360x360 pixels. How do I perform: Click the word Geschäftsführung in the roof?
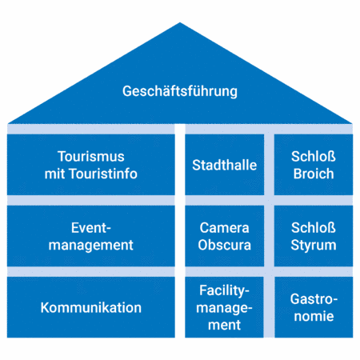click(x=180, y=91)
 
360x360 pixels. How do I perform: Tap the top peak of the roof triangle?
click(x=180, y=22)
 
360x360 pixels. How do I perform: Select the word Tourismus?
click(x=91, y=157)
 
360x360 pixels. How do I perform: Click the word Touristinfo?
click(x=103, y=174)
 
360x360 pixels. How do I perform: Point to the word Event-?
click(x=91, y=228)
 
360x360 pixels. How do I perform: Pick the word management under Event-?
click(x=91, y=246)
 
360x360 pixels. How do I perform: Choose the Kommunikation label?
click(x=91, y=308)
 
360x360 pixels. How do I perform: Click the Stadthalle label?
click(x=225, y=165)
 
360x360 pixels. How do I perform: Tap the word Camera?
click(x=225, y=228)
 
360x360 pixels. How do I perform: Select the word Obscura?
click(x=225, y=246)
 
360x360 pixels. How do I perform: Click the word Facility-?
click(x=225, y=291)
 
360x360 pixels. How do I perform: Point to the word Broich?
click(x=314, y=174)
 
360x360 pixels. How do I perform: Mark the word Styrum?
click(x=314, y=246)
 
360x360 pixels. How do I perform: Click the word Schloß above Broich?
click(x=314, y=157)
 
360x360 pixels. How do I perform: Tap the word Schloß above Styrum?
click(x=314, y=228)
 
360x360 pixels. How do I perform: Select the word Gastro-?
click(x=314, y=299)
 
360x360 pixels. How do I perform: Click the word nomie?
click(x=314, y=317)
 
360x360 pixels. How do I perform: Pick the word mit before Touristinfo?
click(x=55, y=174)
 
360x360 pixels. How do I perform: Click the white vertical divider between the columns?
click(x=180, y=231)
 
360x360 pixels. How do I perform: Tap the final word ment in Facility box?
click(x=225, y=326)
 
